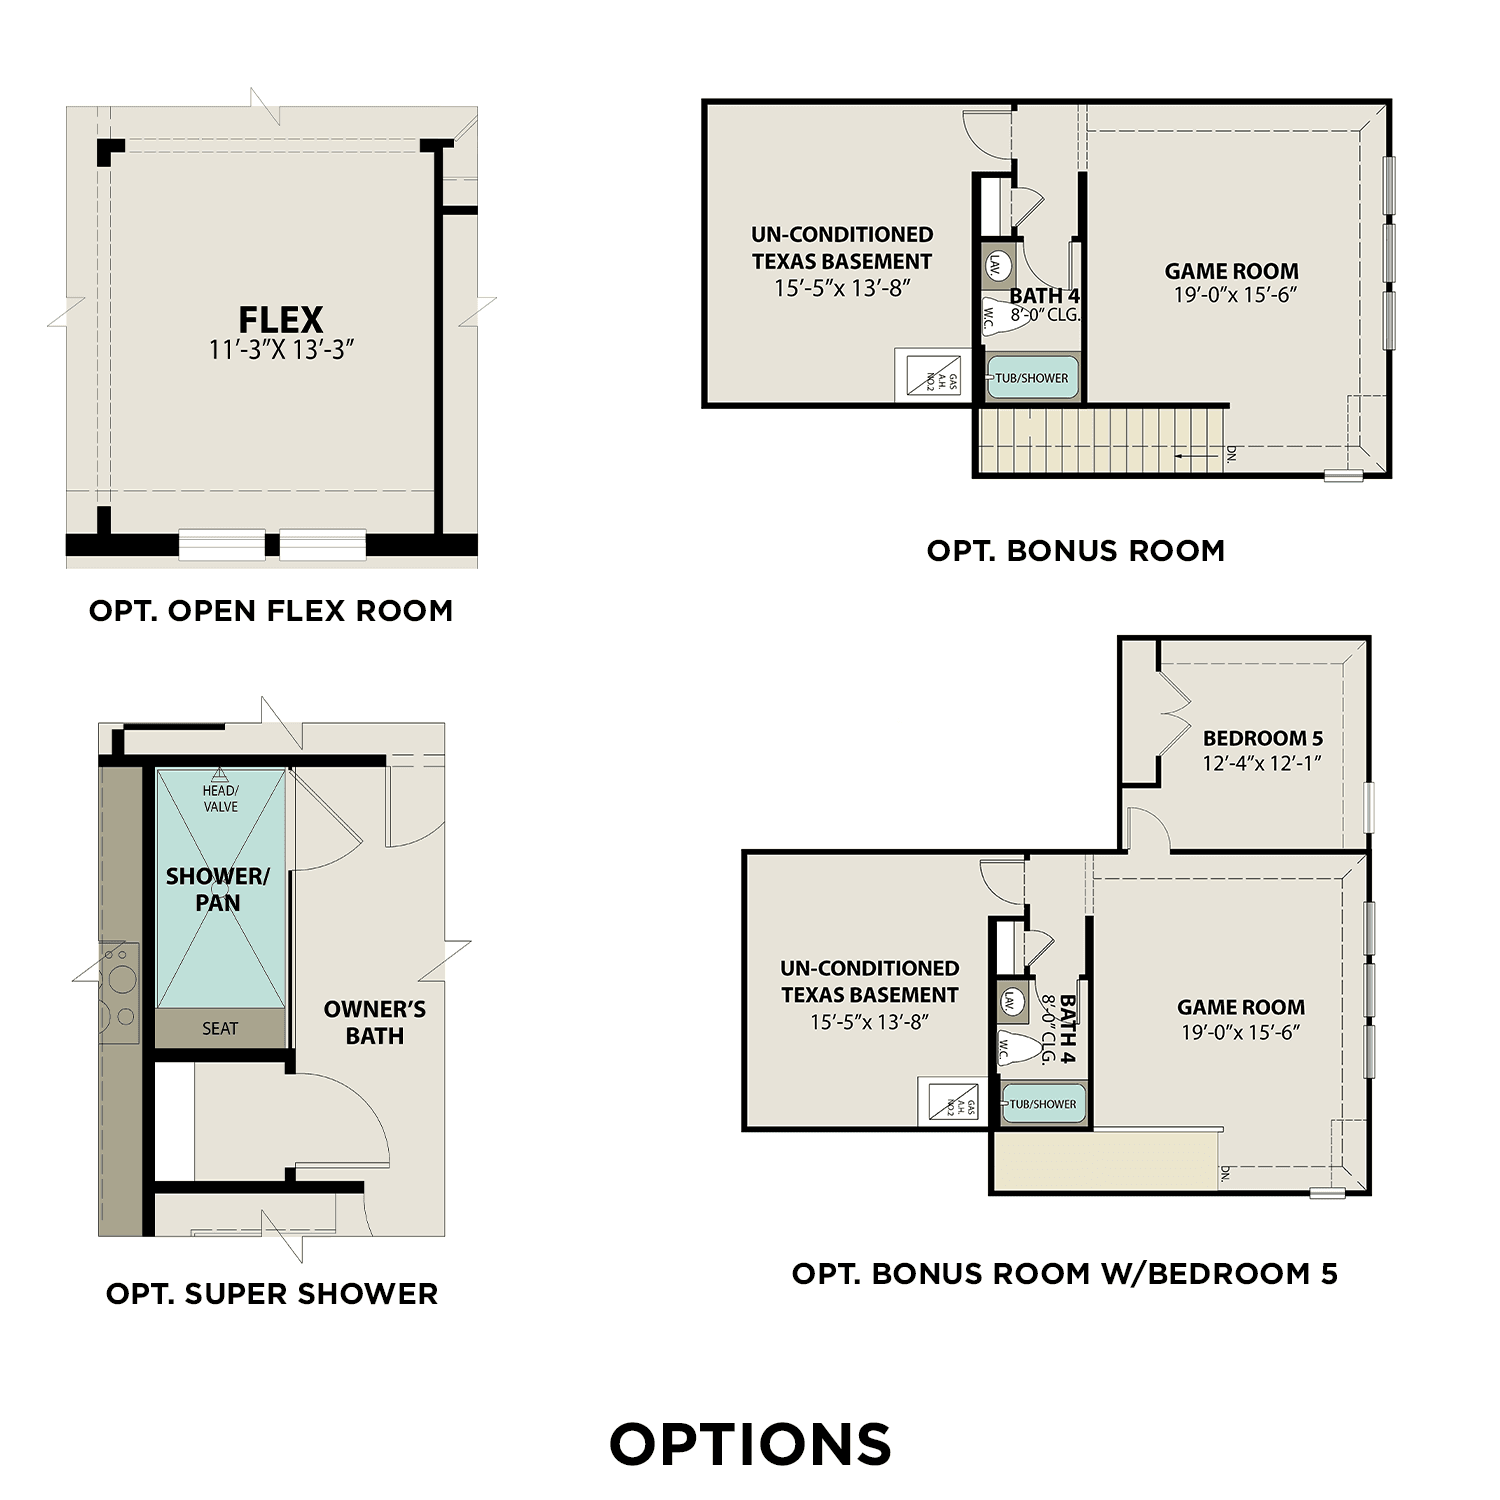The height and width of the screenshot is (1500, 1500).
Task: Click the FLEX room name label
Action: (281, 320)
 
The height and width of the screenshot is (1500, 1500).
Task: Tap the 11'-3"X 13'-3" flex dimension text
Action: (282, 350)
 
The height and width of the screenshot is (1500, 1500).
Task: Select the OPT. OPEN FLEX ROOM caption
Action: (271, 611)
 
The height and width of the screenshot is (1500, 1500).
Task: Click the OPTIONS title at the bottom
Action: (750, 1445)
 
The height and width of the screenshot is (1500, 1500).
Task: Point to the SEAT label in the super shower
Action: (220, 1028)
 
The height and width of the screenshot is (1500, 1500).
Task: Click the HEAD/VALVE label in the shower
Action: (220, 798)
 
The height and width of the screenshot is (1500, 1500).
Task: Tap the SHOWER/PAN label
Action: (218, 889)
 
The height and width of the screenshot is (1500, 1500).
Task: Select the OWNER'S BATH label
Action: (375, 1022)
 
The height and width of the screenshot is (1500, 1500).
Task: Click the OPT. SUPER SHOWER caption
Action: (272, 1294)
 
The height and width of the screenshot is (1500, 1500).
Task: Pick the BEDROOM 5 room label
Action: (1263, 738)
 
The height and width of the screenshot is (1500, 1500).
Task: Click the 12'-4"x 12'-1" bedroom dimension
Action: (1263, 763)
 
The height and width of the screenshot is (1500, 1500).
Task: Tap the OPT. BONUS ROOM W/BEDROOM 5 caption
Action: (1064, 1274)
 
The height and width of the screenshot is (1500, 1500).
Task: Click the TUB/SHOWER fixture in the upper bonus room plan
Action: (1032, 378)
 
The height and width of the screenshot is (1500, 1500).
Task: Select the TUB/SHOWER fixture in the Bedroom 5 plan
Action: (1043, 1104)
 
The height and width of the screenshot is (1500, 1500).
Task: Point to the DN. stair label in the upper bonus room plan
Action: (1231, 454)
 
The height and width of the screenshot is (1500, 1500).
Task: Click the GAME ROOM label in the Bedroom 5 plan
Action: (1241, 1007)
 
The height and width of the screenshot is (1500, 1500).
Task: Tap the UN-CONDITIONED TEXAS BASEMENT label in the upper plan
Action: (842, 248)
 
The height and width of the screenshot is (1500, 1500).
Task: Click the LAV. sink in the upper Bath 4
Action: (997, 265)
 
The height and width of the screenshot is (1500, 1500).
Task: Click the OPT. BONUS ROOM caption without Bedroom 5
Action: (1076, 551)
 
